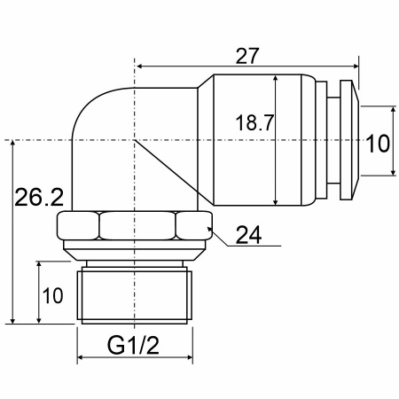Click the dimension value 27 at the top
pyautogui.click(x=247, y=56)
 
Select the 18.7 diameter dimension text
pyautogui.click(x=254, y=122)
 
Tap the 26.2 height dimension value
pyautogui.click(x=39, y=198)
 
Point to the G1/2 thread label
pyautogui.click(x=133, y=345)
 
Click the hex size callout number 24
pyautogui.click(x=249, y=235)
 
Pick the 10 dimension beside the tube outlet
pyautogui.click(x=378, y=144)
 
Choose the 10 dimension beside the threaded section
pyautogui.click(x=53, y=295)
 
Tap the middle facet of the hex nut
pyautogui.click(x=137, y=225)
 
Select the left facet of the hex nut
pyautogui.click(x=78, y=225)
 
